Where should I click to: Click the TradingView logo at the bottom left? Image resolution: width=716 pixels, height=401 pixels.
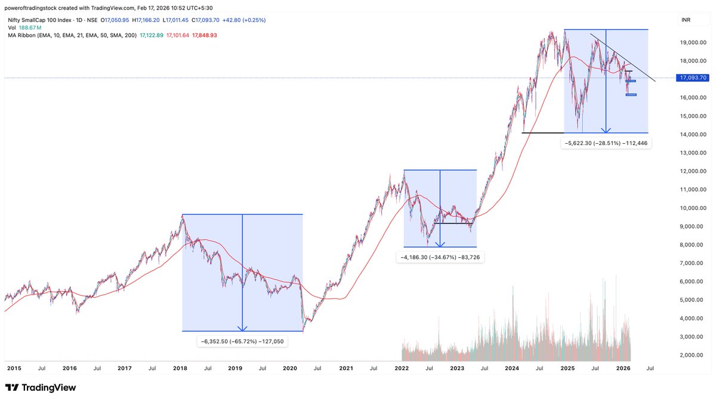[x=41, y=388]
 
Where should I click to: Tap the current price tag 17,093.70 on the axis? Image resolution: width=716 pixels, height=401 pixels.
[x=693, y=78]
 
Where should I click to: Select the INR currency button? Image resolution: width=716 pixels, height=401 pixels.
[x=687, y=20]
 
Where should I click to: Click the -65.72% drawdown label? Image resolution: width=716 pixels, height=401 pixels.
[x=242, y=341]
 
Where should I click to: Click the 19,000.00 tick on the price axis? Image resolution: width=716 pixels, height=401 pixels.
[x=693, y=42]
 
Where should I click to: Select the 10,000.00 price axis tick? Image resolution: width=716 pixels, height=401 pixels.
[x=693, y=208]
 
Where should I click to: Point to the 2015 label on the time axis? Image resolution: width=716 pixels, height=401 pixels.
[x=14, y=369]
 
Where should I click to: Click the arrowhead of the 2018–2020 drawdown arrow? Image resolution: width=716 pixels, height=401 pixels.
[x=242, y=328]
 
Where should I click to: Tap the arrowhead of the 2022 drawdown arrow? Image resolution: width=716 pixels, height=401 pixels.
[x=440, y=244]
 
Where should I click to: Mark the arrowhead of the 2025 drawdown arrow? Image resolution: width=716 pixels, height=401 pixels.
[x=606, y=129]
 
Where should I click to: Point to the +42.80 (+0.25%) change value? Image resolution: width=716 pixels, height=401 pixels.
[x=243, y=20]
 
